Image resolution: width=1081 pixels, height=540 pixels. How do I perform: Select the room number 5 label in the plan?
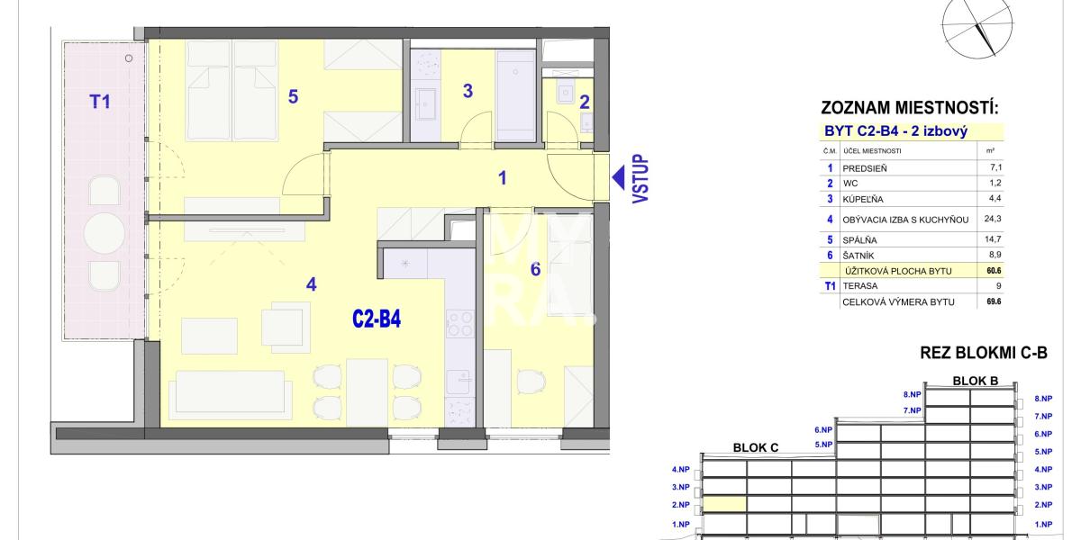[x=293, y=96]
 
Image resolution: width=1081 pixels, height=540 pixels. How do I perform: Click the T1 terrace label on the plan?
[x=100, y=102]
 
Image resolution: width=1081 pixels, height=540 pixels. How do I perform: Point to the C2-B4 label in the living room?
[x=376, y=319]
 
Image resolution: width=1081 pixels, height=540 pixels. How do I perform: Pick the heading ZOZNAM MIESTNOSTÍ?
[x=910, y=109]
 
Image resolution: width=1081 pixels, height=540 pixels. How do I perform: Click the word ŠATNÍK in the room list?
[x=858, y=256]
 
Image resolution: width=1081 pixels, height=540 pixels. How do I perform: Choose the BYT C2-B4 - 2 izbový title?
[x=895, y=131]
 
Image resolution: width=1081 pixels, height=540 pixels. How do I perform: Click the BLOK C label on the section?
[x=755, y=447]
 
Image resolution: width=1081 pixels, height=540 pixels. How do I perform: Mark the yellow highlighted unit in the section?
[x=724, y=505]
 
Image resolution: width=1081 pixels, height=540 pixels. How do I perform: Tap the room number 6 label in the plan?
[x=535, y=268]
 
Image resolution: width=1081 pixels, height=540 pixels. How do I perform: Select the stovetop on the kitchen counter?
[x=459, y=322]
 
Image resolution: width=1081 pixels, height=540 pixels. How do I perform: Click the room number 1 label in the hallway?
[x=503, y=178]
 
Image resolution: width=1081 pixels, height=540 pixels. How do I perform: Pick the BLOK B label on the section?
[x=976, y=381]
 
